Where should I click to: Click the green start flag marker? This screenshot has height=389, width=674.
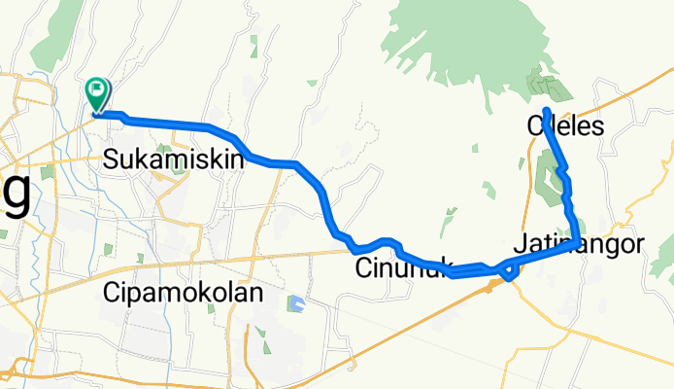pos(99,94)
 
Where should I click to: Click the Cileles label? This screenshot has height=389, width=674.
pos(565,126)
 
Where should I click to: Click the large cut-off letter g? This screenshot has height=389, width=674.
pos(16,190)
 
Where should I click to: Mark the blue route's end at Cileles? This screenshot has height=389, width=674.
pos(547,110)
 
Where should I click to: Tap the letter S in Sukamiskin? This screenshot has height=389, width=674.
pos(112,158)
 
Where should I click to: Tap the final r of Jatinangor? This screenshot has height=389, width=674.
pos(637,244)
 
